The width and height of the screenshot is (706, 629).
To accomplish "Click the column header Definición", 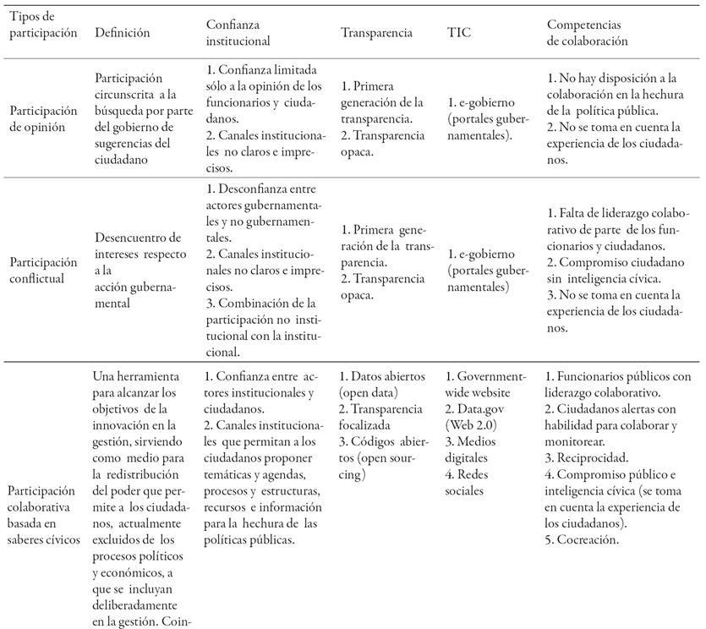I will point(123,33).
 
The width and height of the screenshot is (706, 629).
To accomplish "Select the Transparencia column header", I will point(376,33).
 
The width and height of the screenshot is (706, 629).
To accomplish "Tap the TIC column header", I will point(459,33).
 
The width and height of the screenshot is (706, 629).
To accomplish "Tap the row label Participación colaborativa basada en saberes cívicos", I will point(44,515).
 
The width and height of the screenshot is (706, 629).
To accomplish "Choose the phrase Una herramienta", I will point(136,377).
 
